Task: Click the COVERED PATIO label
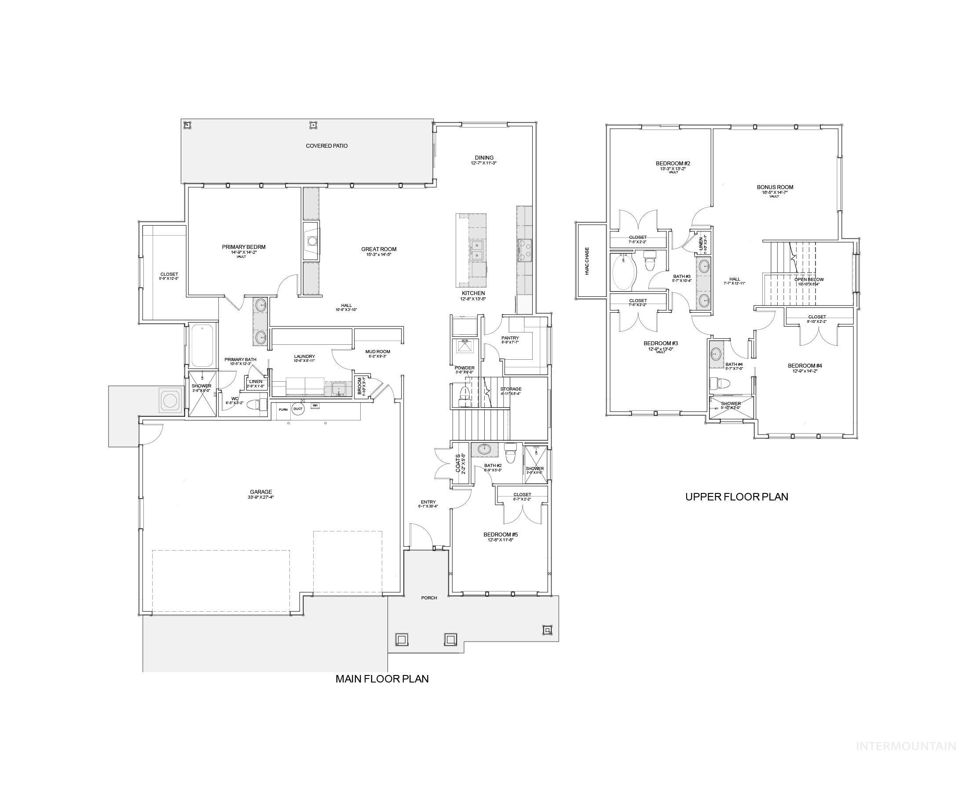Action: [x=327, y=146]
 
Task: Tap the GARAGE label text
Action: [x=261, y=492]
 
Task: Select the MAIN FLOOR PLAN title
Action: [x=382, y=679]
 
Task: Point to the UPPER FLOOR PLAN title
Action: [x=737, y=497]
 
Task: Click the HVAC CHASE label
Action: [x=587, y=261]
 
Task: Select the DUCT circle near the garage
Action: [x=298, y=409]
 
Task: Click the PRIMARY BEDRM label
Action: [x=244, y=247]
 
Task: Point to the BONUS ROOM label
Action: [x=775, y=187]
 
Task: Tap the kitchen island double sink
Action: [x=477, y=250]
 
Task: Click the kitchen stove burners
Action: [x=524, y=250]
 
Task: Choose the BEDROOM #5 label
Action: [x=501, y=534]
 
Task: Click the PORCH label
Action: [x=429, y=598]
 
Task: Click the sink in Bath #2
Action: [x=484, y=449]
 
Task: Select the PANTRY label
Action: [x=510, y=338]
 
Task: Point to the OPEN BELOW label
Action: [x=809, y=280]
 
